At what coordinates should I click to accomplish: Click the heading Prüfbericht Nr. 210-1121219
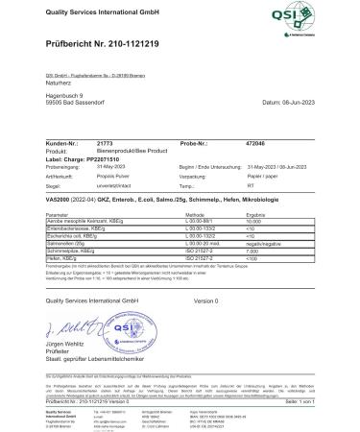click(108, 45)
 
